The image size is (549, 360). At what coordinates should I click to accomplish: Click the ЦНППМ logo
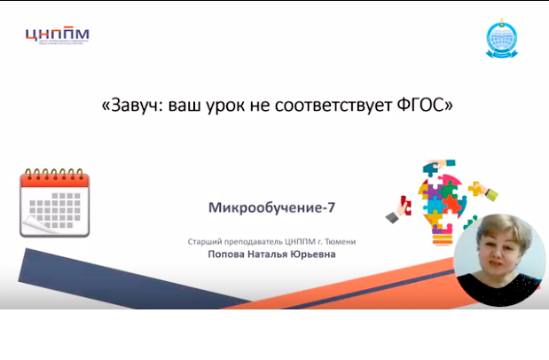pos(57,37)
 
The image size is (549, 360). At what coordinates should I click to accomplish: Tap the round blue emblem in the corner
pos(500,39)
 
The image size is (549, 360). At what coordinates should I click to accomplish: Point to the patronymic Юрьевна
pos(321,254)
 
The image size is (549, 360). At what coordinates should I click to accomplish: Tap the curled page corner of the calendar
pos(31,229)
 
